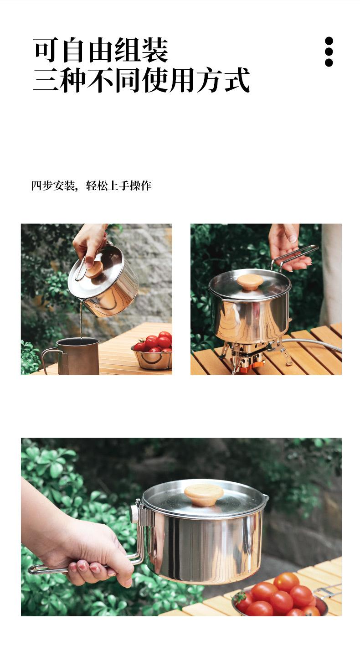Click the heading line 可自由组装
tap(101, 50)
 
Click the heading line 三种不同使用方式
tap(141, 80)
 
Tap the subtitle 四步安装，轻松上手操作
tap(91, 186)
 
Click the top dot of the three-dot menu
tap(329, 41)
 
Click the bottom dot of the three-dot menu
tap(329, 62)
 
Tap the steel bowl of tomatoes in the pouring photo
tap(152, 356)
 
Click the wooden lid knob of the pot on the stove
tap(250, 282)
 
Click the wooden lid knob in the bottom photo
tap(204, 494)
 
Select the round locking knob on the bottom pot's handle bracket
tap(134, 515)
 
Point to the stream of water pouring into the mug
tap(81, 320)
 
